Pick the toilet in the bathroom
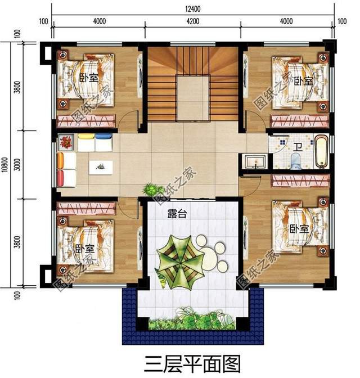click(x=295, y=162)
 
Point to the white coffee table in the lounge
click(x=101, y=167)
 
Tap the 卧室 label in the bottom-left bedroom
click(x=85, y=247)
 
